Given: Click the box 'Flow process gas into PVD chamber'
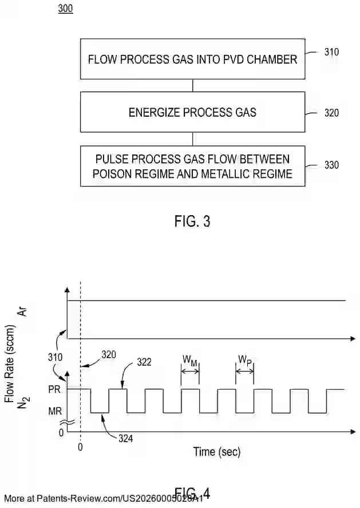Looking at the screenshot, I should pyautogui.click(x=192, y=59).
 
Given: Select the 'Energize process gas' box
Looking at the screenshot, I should pyautogui.click(x=192, y=112).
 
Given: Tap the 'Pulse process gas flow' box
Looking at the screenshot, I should pyautogui.click(x=192, y=166).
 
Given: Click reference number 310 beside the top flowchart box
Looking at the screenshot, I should pyautogui.click(x=331, y=52).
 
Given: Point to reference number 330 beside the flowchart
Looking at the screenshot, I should pyautogui.click(x=331, y=165).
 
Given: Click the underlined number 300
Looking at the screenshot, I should pyautogui.click(x=65, y=10).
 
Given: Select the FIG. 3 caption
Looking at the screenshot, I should pyautogui.click(x=192, y=221).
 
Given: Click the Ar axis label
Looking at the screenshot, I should pyautogui.click(x=24, y=311).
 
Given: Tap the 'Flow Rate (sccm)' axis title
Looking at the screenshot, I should pyautogui.click(x=10, y=362).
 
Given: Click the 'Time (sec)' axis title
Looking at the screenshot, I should pyautogui.click(x=216, y=451).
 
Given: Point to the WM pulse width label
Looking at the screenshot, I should pyautogui.click(x=189, y=360).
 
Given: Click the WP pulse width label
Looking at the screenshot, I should pyautogui.click(x=245, y=360).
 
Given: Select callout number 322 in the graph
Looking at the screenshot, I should pyautogui.click(x=145, y=363).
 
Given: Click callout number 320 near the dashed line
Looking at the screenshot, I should pyautogui.click(x=108, y=354).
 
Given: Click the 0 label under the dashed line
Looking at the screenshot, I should pyautogui.click(x=80, y=447).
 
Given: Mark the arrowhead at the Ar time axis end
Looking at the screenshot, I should pyautogui.click(x=354, y=339).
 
